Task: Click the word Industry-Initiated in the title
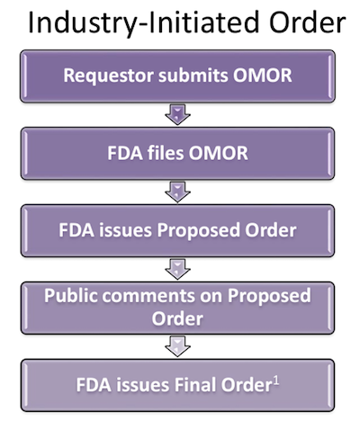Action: (143, 23)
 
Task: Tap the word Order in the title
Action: (308, 22)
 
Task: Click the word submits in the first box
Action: (193, 76)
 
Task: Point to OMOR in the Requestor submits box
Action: (262, 76)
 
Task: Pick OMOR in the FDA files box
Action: (218, 153)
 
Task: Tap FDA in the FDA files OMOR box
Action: (125, 153)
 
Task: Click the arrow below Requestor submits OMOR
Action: (177, 114)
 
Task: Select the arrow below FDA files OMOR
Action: (177, 192)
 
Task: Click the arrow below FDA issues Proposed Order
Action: (177, 269)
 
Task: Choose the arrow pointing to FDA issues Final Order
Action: (177, 346)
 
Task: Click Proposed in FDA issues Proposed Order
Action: (199, 231)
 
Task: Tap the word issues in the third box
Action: (126, 230)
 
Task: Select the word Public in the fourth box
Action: (71, 296)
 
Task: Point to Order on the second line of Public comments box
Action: (177, 318)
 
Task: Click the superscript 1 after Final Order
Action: (276, 380)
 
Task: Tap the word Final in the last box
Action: (195, 385)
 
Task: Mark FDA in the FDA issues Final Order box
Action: (94, 385)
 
